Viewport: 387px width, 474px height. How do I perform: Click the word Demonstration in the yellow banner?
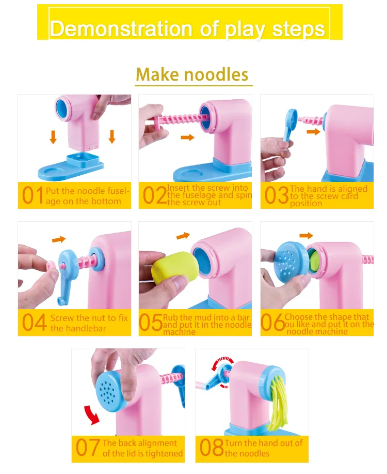point(121,29)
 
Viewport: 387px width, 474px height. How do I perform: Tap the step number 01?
point(33,195)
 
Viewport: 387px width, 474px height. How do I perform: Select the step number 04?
point(35,323)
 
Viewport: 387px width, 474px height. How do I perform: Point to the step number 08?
point(212,448)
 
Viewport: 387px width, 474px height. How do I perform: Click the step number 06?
point(272,322)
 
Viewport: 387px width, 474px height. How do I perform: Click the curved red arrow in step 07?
point(92,415)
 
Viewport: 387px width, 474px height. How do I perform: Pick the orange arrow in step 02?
point(187,137)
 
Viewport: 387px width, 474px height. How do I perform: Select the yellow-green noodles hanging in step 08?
point(278,402)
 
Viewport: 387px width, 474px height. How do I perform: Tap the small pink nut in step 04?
point(51,266)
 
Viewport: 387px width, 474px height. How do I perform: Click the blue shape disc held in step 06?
point(290,262)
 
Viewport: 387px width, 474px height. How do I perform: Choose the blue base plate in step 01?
point(71,167)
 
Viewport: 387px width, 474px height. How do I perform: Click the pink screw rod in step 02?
point(181,119)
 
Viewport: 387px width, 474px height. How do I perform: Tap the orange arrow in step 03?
point(313,132)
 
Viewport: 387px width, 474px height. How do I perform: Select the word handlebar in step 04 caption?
point(78,328)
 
